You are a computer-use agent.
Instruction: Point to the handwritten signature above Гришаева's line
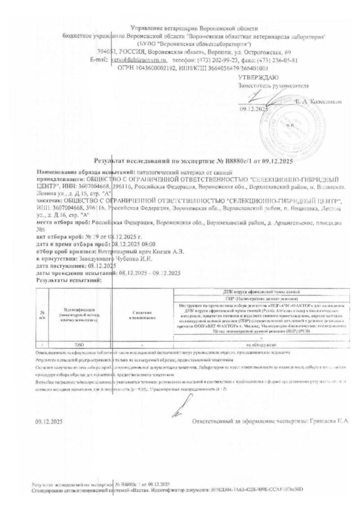(x=178, y=408)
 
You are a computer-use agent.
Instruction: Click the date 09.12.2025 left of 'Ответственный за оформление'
(x=49, y=422)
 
